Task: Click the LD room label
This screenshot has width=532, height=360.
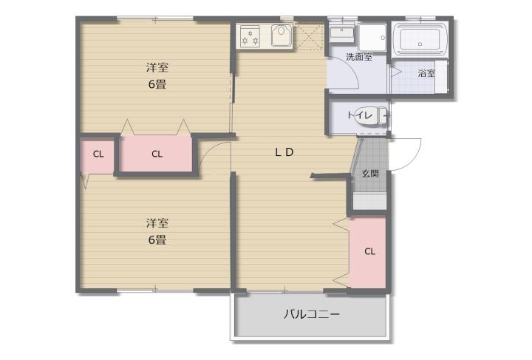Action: click(x=284, y=152)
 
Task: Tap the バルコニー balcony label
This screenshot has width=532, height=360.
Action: click(x=312, y=314)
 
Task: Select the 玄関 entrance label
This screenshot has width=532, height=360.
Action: click(x=370, y=174)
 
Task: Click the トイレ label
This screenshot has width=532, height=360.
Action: click(x=360, y=115)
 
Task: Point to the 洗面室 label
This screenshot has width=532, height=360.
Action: click(x=359, y=57)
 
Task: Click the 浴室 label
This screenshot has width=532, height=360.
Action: click(x=426, y=73)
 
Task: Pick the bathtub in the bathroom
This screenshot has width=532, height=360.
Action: click(x=420, y=40)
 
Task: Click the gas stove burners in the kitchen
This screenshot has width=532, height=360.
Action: click(x=250, y=36)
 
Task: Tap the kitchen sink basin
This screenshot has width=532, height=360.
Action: click(x=282, y=35)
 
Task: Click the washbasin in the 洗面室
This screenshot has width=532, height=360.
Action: click(x=342, y=33)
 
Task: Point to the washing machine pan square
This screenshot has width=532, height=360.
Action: click(x=372, y=37)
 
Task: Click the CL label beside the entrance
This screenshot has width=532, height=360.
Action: click(x=370, y=251)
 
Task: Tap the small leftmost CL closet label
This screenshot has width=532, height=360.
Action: click(x=98, y=154)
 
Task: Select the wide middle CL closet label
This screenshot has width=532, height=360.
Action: click(x=157, y=154)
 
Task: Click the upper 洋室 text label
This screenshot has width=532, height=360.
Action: click(x=157, y=67)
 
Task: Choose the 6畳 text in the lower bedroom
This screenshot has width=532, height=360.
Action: click(x=157, y=240)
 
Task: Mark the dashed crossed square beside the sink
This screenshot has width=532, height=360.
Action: click(x=310, y=36)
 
